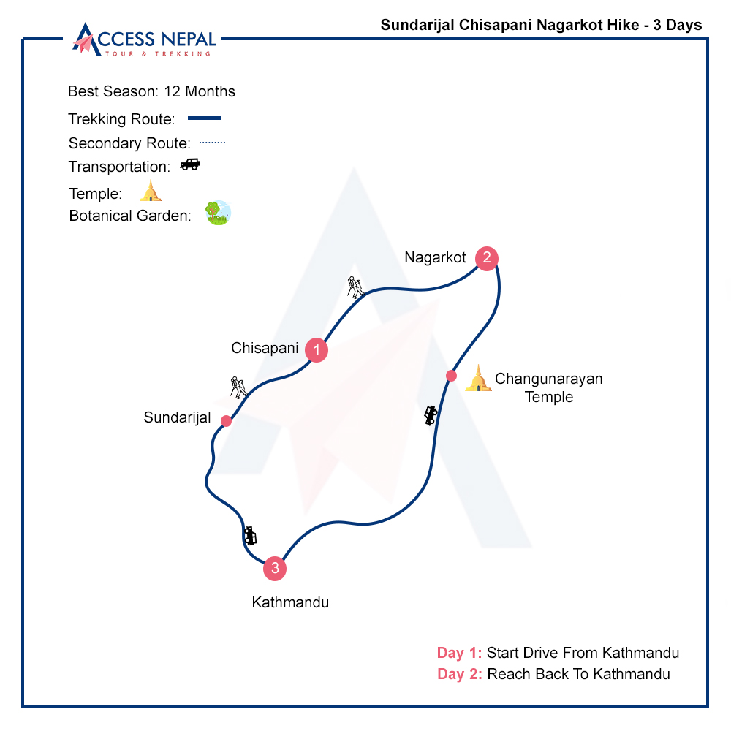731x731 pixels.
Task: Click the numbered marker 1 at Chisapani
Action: coord(317,349)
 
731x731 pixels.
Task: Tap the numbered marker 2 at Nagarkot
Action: coord(487,258)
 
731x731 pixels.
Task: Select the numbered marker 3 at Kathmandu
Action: coord(275,568)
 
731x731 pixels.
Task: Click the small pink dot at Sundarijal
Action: coord(226,421)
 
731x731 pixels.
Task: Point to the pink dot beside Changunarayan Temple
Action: coord(451,375)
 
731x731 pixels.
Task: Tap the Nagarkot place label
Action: coord(435,257)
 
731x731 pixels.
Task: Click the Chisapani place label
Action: coord(265,348)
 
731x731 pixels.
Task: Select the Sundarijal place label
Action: coord(177,417)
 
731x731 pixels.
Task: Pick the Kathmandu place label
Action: coord(290,602)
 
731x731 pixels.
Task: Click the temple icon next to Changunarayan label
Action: coord(478,378)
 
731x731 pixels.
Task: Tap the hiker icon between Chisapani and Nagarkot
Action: coord(355,287)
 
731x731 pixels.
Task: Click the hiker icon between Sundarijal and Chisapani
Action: coord(238,387)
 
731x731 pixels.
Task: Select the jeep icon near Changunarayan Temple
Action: coord(431,415)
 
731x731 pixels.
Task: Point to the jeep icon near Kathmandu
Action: coord(250,536)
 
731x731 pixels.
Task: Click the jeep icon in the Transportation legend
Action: coord(190,164)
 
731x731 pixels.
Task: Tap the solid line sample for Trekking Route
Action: coord(204,118)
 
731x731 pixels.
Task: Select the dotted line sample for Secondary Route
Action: coord(212,143)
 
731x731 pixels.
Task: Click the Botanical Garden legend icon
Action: coord(218,213)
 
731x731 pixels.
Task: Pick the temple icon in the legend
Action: coord(150,191)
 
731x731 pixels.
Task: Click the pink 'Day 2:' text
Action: coord(460,674)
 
